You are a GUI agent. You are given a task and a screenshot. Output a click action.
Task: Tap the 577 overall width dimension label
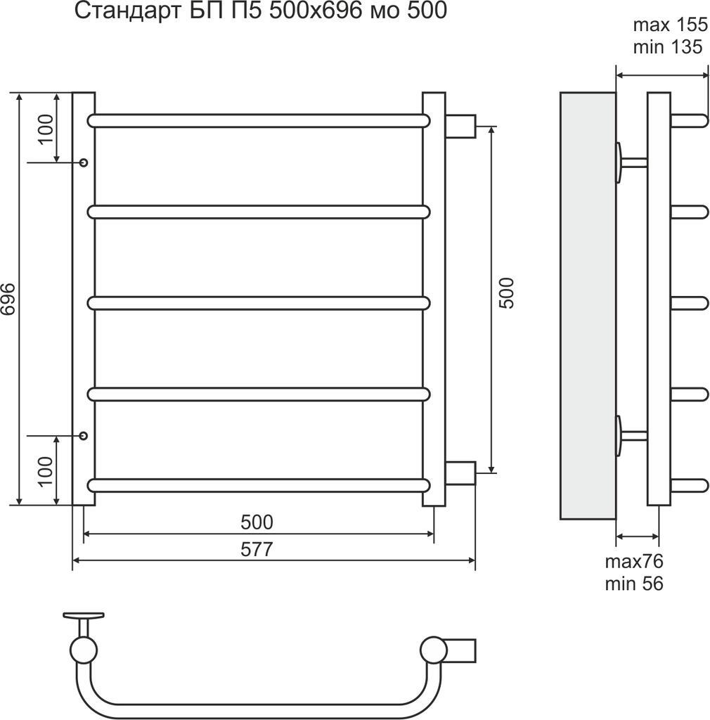(257, 549)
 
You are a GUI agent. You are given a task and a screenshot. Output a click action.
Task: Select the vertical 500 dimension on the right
(506, 293)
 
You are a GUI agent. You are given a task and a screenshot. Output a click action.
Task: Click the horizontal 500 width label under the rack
(257, 522)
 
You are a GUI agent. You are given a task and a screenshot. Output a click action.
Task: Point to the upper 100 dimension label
(45, 128)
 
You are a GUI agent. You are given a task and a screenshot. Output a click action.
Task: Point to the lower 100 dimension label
(45, 471)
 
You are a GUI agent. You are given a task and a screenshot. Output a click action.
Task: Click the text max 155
(669, 26)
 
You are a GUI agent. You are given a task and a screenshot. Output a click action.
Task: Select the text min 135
(668, 48)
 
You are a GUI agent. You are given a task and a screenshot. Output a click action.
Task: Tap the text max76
(634, 561)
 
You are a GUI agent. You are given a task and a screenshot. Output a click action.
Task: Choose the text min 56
(634, 583)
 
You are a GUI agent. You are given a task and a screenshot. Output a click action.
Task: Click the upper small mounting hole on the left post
(84, 162)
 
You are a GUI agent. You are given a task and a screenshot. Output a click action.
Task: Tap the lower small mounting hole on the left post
(84, 436)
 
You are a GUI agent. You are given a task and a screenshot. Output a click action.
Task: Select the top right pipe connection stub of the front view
(460, 126)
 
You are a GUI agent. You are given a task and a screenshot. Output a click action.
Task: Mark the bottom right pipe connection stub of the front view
(460, 472)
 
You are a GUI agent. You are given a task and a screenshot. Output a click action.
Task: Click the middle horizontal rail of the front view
(258, 302)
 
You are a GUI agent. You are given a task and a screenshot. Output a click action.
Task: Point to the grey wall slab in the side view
(587, 305)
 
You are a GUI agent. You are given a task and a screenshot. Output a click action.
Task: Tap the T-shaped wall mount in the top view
(83, 622)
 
